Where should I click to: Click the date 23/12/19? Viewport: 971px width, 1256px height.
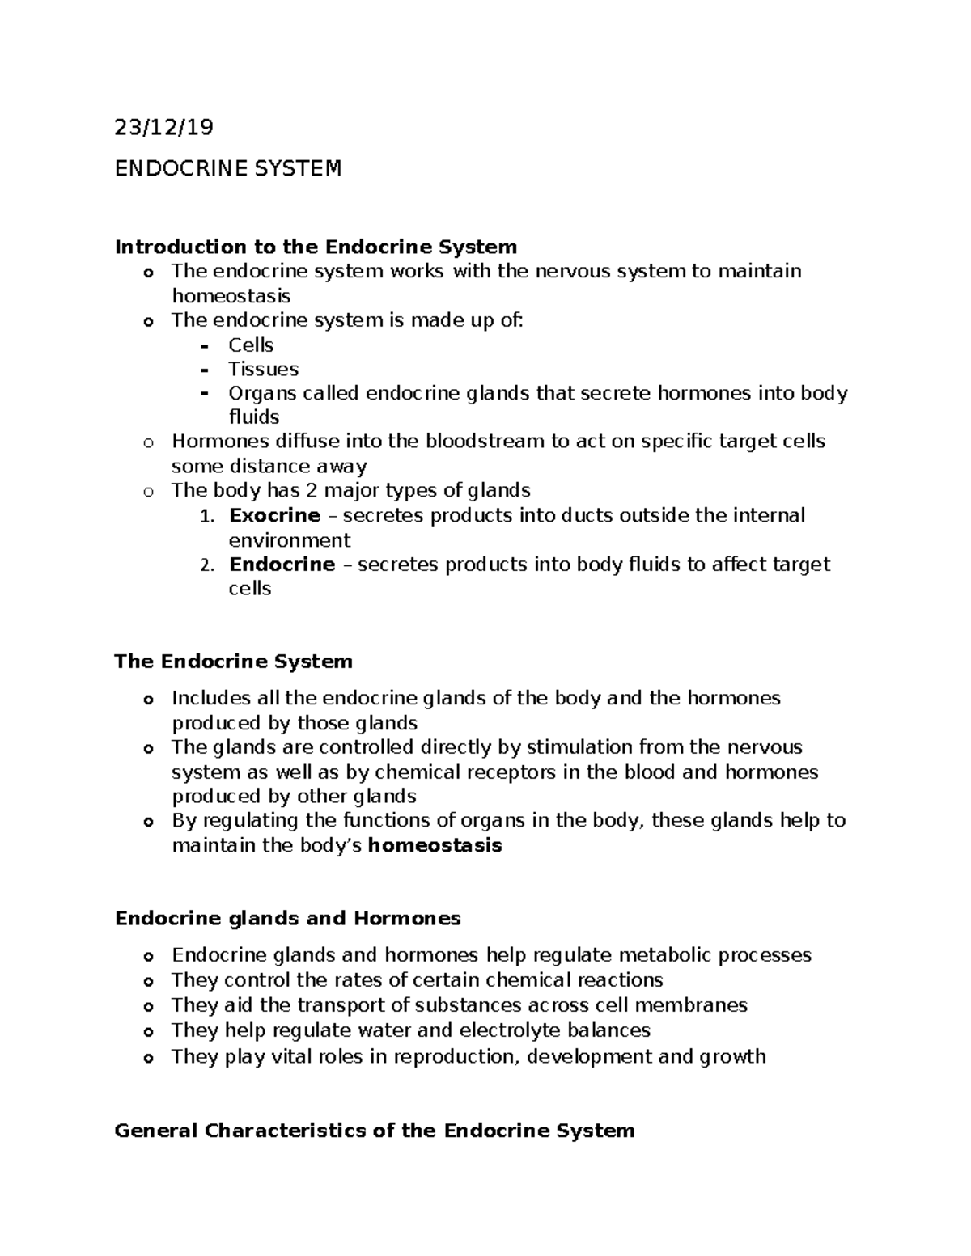(165, 127)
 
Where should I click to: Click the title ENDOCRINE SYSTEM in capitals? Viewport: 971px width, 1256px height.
(228, 168)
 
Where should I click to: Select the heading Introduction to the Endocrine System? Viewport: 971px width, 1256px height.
(316, 246)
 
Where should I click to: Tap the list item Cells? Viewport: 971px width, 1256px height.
(251, 345)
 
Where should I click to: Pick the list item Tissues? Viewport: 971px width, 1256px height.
(263, 369)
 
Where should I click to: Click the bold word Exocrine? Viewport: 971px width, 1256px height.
(274, 515)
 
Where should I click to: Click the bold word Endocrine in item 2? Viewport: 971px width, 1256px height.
(282, 564)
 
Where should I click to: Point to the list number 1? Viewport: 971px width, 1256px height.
(206, 516)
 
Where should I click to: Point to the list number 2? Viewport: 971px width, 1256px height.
(206, 565)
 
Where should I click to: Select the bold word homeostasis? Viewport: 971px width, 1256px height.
(435, 845)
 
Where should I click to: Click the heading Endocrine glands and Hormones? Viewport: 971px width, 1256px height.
(288, 918)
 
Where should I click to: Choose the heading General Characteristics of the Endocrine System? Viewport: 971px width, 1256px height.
(375, 1130)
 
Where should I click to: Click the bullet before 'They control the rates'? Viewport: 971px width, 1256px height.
(147, 982)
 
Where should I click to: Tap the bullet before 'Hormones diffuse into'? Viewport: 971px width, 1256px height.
(147, 442)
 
